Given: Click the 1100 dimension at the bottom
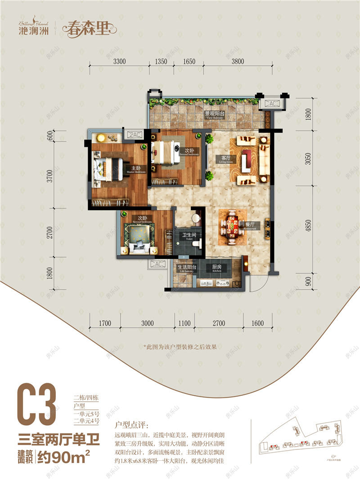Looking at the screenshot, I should pos(184,323).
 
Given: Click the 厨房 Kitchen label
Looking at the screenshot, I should pos(216,267).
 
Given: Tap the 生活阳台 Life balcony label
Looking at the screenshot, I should pos(184,267).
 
